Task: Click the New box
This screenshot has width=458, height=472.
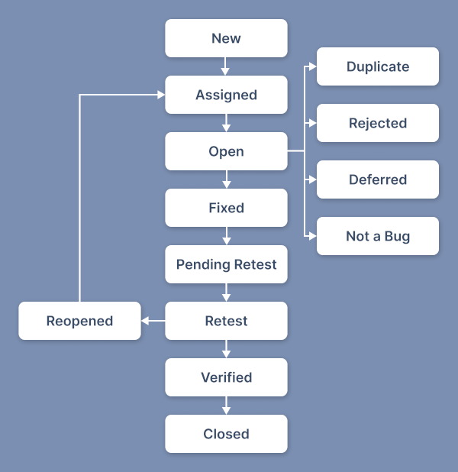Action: click(x=226, y=38)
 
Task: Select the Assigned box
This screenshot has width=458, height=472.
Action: click(x=226, y=95)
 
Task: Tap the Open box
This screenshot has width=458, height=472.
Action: click(x=226, y=151)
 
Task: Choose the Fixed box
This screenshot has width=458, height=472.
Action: click(x=226, y=208)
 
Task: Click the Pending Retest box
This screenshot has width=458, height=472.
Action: click(x=226, y=264)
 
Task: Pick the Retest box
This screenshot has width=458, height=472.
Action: click(x=226, y=321)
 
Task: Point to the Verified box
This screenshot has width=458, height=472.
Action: click(x=226, y=377)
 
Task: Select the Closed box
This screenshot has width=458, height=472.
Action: click(x=226, y=434)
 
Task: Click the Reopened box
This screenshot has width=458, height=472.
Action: click(x=79, y=321)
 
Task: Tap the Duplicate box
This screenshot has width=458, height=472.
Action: click(x=378, y=66)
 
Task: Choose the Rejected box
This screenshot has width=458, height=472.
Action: click(x=378, y=123)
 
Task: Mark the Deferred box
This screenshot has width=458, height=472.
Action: click(x=378, y=179)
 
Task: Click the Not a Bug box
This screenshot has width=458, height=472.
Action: click(x=378, y=236)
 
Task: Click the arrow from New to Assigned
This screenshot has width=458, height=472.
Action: click(x=225, y=66)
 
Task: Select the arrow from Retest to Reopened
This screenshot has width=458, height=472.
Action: click(x=153, y=321)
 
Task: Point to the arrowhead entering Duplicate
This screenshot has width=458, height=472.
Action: click(x=313, y=66)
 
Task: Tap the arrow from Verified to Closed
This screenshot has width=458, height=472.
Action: click(x=226, y=406)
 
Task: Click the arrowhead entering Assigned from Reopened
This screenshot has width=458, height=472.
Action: click(x=161, y=95)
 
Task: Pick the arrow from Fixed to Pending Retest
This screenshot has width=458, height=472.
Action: click(x=227, y=236)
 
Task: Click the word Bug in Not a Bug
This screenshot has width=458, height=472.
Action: click(x=397, y=237)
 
